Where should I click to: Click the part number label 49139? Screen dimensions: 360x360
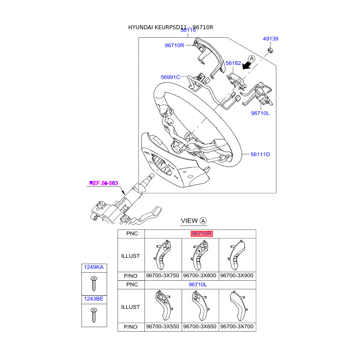271,39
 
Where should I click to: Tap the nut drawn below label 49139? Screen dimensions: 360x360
270,49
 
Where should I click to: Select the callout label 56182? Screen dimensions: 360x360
234,64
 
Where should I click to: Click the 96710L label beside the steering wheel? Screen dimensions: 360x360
260,113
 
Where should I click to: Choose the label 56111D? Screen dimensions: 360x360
260,154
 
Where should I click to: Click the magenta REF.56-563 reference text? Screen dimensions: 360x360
103,183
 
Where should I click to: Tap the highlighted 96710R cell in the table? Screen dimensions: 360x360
201,234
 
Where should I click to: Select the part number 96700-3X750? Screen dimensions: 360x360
162,275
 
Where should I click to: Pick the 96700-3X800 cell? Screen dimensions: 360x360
200,275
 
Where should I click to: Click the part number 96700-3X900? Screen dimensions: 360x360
237,275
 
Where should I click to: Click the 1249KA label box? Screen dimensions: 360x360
94,268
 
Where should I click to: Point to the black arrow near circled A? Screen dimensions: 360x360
245,66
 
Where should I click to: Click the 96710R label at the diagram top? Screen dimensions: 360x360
175,45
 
